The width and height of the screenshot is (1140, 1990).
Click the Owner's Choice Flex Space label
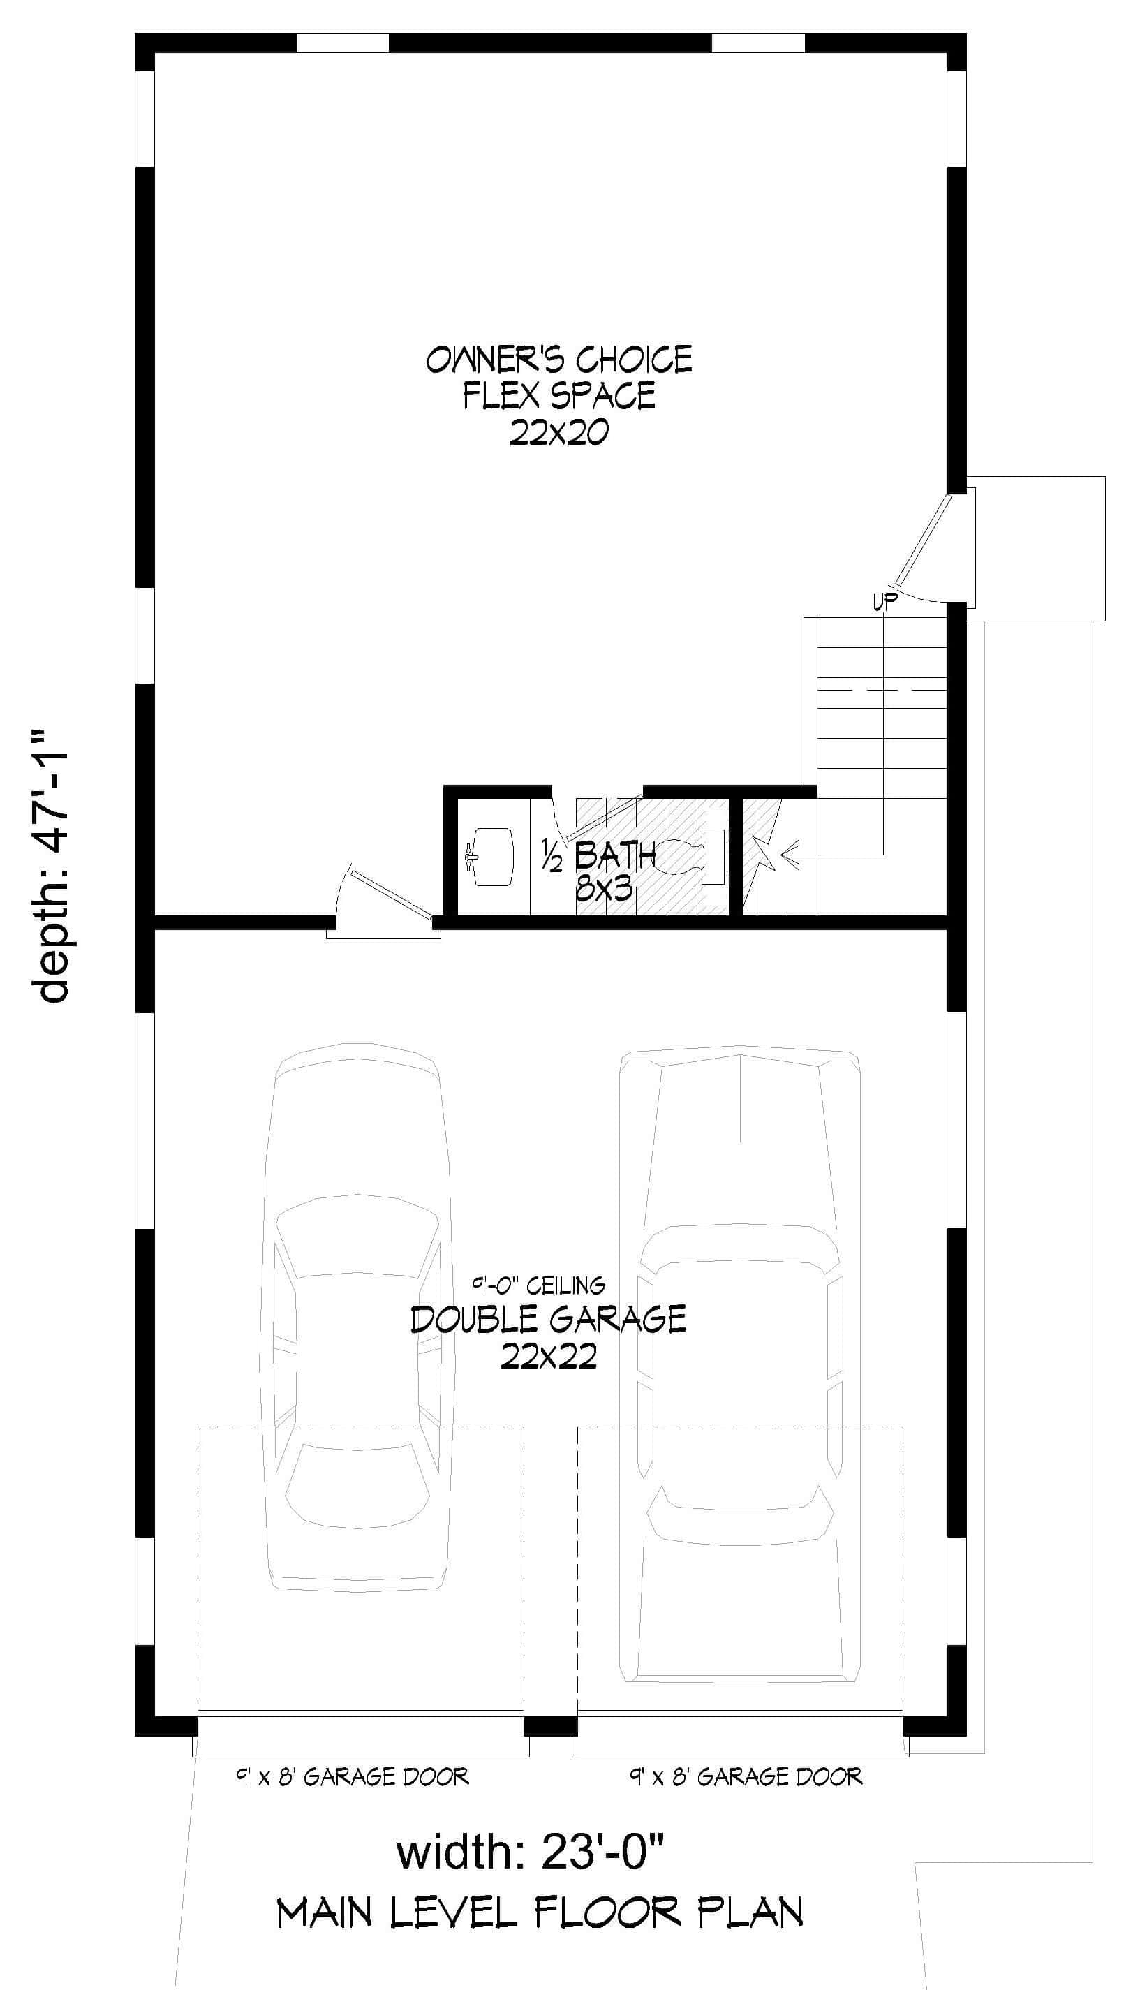[x=559, y=378]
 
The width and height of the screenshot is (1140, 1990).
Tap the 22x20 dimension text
[x=559, y=432]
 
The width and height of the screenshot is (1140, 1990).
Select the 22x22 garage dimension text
[x=549, y=1357]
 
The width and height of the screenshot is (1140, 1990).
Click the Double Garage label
[x=549, y=1320]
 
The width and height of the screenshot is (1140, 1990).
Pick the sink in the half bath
[x=491, y=855]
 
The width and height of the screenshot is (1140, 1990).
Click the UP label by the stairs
[x=884, y=603]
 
